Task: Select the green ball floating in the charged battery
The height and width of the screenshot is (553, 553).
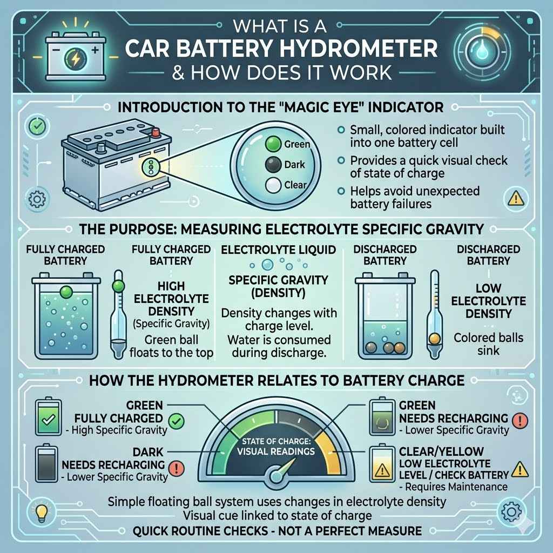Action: tap(66, 292)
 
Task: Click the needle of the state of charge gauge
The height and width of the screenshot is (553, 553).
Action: tap(284, 468)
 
